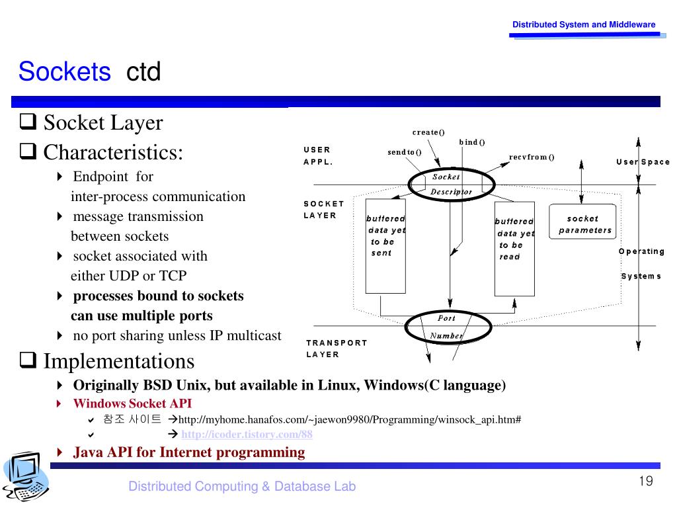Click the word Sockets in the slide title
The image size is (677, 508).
pos(65,71)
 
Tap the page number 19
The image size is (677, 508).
pos(646,481)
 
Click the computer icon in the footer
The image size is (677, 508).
pos(25,477)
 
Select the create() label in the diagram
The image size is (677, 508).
pos(428,132)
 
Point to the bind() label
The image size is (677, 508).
pos(472,142)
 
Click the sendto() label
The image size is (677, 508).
pos(405,152)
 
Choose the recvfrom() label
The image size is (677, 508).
pos(532,157)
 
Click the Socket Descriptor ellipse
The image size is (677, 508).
pos(450,184)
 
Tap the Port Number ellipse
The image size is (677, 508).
pos(447,327)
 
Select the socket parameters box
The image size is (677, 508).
pos(582,224)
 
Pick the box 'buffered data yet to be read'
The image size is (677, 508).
pos(514,247)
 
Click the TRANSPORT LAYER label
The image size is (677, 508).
pos(337,349)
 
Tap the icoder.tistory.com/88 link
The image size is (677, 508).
pos(247,435)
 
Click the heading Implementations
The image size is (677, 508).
pos(119,362)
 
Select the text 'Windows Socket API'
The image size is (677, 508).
pos(132,403)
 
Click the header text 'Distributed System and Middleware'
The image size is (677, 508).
pos(584,24)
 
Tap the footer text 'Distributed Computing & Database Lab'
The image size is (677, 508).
pos(242,487)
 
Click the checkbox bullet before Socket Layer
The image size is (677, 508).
pos(28,123)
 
